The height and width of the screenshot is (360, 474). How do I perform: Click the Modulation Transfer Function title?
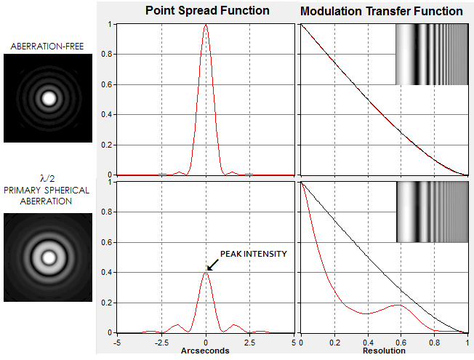click(381, 11)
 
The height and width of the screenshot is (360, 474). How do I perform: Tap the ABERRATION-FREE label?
click(48, 47)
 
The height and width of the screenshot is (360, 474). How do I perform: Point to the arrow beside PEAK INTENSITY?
click(213, 265)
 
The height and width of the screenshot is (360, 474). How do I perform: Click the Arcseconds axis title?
click(206, 351)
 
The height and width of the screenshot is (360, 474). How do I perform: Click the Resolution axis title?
click(383, 351)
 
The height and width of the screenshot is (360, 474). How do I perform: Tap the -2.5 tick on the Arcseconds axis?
click(161, 341)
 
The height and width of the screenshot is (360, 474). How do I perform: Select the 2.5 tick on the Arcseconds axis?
click(249, 341)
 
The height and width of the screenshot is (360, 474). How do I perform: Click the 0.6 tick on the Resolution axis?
click(401, 341)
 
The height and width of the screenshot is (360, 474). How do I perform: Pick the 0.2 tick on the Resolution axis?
click(334, 341)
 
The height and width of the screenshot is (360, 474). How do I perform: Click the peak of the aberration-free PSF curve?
click(206, 25)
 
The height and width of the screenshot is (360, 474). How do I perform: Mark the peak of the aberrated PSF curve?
click(206, 272)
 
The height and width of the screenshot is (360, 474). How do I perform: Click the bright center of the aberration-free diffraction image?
click(49, 98)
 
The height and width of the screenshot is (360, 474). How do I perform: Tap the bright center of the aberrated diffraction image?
click(49, 257)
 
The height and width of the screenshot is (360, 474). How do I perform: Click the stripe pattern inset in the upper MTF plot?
click(431, 55)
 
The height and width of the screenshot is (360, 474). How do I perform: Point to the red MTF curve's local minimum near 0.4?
click(367, 313)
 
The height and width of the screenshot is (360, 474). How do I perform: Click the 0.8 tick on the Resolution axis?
click(434, 341)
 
